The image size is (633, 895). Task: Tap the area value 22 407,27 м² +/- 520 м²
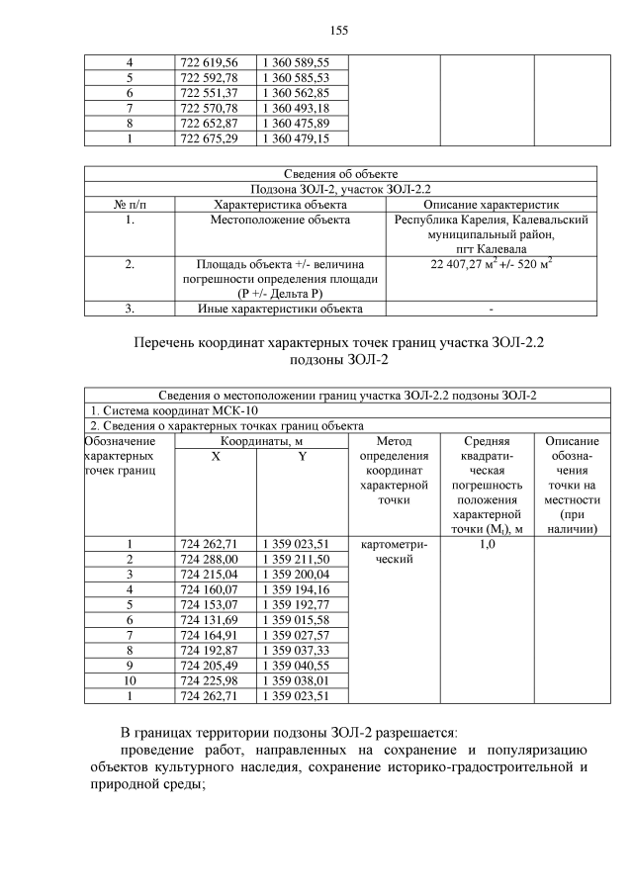click(491, 265)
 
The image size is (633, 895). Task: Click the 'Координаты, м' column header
click(260, 439)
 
